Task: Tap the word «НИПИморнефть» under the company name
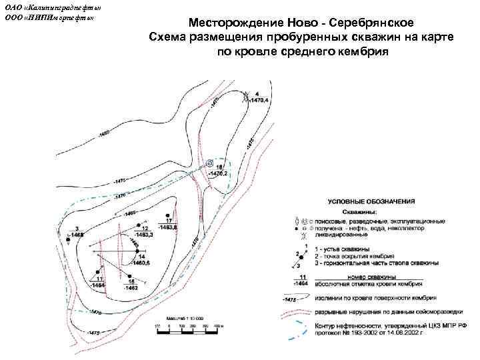63,17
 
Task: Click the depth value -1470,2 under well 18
218,173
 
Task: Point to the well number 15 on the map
131,281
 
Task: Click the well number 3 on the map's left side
77,228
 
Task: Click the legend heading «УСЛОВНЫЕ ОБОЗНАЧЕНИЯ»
371,201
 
